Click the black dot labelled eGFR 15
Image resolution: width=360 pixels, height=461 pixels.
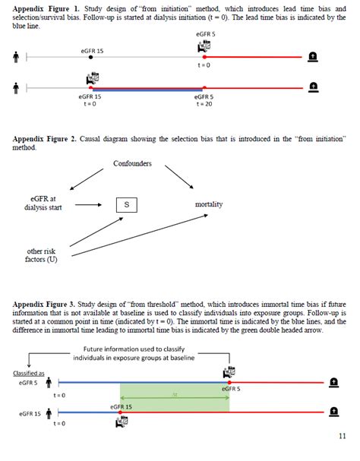(90, 57)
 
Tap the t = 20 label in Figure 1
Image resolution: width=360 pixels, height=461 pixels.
(203, 104)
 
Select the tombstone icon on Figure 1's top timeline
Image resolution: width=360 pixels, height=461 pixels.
(314, 57)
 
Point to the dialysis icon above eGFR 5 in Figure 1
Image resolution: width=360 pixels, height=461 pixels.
(203, 46)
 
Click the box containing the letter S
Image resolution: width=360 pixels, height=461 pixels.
(126, 205)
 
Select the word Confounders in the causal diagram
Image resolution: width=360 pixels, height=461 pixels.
(133, 164)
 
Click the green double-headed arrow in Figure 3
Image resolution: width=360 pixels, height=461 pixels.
(175, 395)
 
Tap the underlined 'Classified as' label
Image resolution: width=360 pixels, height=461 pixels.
(28, 373)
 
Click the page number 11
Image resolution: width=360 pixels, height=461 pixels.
(341, 435)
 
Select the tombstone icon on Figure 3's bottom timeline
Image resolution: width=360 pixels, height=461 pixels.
(334, 413)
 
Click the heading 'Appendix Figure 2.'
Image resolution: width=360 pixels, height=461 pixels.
(45, 139)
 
